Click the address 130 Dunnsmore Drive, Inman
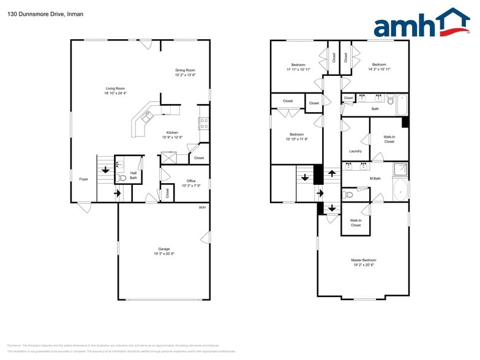point(45,13)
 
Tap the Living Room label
point(115,88)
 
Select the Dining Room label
point(185,70)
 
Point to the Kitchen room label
point(172,133)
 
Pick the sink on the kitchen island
point(147,116)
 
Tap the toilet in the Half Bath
point(122,178)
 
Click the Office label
point(190,181)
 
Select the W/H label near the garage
point(202,208)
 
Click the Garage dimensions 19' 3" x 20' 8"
point(164,253)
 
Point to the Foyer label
point(83,179)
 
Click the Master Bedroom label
point(364,260)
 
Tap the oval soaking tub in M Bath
point(401,190)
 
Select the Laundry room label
point(355,151)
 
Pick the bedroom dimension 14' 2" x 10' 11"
point(379,69)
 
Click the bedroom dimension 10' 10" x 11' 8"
point(297,139)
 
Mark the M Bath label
point(375,178)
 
